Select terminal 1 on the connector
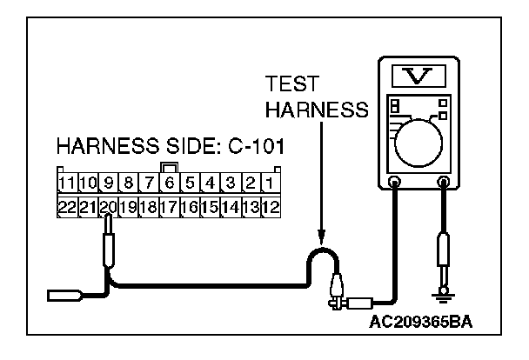pyautogui.click(x=271, y=183)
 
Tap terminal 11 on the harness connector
pyautogui.click(x=68, y=183)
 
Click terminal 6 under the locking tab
pyautogui.click(x=170, y=183)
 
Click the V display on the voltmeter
pyautogui.click(x=418, y=76)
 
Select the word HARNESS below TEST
pyautogui.click(x=317, y=110)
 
